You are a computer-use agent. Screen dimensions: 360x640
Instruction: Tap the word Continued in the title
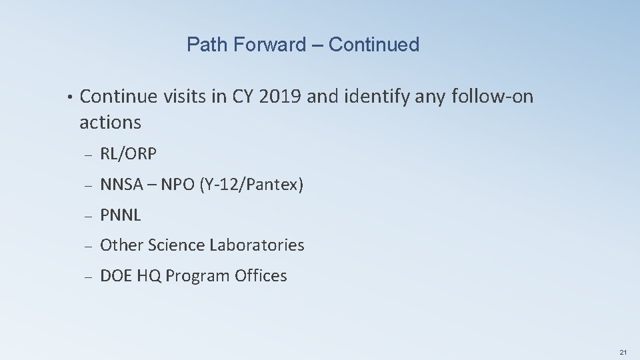[x=374, y=45]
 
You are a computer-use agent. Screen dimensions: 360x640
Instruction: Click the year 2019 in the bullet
[x=279, y=97]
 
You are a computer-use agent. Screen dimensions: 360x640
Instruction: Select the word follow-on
[x=493, y=97]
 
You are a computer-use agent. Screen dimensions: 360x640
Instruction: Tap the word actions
[x=110, y=123]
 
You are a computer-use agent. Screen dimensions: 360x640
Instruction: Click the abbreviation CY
[x=242, y=97]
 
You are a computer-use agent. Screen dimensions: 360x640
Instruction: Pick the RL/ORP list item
[x=128, y=154]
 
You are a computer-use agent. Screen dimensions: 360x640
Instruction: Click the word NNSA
[x=121, y=185]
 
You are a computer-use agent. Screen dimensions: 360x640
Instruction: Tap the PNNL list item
[x=121, y=215]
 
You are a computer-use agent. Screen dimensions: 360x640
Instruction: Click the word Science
[x=177, y=245]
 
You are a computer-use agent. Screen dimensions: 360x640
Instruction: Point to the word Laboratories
[x=257, y=245]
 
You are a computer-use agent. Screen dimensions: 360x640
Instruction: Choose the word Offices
[x=261, y=276]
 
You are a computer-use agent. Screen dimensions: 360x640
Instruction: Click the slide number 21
[x=623, y=351]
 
